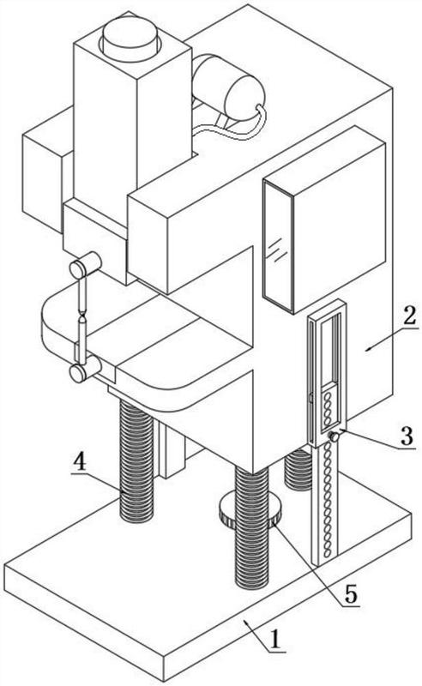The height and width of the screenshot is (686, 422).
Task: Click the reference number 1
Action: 275,639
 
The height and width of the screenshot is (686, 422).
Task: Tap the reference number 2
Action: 409,315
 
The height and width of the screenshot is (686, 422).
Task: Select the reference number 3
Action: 407,436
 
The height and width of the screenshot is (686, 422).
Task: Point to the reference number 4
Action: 79,461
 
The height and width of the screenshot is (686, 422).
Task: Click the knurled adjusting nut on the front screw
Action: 249,508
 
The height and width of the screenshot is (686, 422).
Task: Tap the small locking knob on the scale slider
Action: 335,436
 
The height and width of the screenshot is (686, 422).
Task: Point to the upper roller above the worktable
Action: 86,265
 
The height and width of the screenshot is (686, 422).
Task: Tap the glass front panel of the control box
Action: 278,246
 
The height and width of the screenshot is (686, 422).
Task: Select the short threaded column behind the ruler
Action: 298,469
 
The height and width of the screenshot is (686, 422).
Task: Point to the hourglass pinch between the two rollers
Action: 82,314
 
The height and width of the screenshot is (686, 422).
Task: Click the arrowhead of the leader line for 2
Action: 368,349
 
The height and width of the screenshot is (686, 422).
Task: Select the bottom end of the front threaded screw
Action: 251,582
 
